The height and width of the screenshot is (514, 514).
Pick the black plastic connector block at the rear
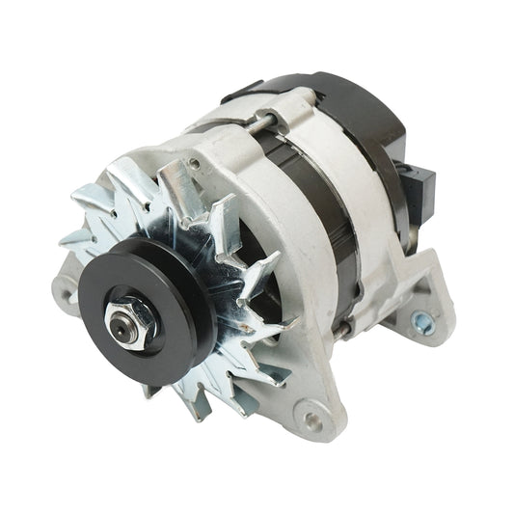(x=420, y=187)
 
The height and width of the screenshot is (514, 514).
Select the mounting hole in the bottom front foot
(x=311, y=419)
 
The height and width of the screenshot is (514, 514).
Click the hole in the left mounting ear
(x=66, y=284)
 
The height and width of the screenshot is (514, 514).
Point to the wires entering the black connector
(x=405, y=174)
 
